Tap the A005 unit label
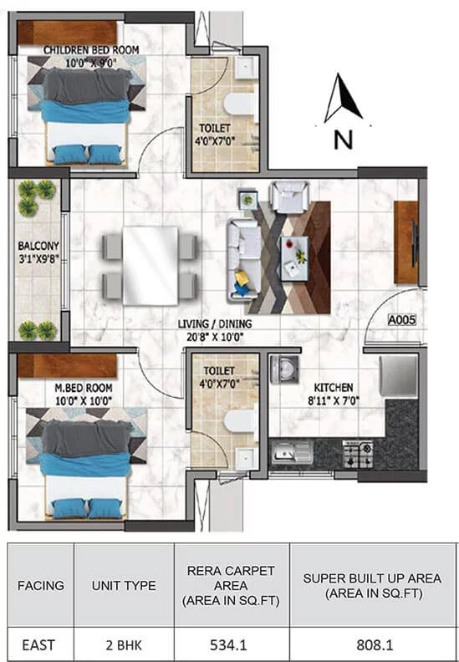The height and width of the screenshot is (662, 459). pos(401,320)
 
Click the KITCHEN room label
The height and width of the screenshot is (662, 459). pos(333,388)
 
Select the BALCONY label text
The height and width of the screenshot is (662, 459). pos(38,246)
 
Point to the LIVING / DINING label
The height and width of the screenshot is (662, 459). pos(215,324)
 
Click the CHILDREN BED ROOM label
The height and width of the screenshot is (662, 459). pos(91,50)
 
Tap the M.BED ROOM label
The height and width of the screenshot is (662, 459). pos(84,388)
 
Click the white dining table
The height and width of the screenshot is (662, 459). pos(150,266)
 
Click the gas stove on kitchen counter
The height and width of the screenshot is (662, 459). pos(358,454)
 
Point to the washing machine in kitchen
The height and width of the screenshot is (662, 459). pos(284,369)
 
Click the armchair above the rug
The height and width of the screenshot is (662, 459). pos(289,196)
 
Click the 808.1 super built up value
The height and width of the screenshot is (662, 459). pos(375,645)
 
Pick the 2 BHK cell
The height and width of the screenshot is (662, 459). pos(124,645)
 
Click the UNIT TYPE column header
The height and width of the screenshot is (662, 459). pos(124,586)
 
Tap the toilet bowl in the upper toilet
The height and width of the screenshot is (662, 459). pos(239,104)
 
